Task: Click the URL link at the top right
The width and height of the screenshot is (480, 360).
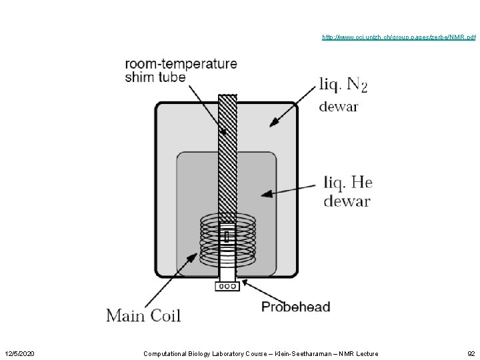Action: pos(399,37)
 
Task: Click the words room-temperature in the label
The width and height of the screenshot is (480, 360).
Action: pos(181,64)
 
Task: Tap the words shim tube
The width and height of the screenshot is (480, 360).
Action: pos(155,77)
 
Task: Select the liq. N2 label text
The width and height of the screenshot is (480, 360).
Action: pos(343,85)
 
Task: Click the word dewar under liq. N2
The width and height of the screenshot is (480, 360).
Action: pos(338,106)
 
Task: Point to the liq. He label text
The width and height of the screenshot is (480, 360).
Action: pos(347,181)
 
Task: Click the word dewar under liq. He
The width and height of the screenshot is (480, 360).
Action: pos(347,201)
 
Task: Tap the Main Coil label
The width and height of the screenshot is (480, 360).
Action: pos(143,314)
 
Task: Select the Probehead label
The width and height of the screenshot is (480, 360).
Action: pos(295,307)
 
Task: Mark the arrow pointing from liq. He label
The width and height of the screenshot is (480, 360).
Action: pos(289,191)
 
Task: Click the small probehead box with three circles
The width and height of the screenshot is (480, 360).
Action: pos(227,287)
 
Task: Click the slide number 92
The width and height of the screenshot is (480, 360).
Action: pos(471,353)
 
